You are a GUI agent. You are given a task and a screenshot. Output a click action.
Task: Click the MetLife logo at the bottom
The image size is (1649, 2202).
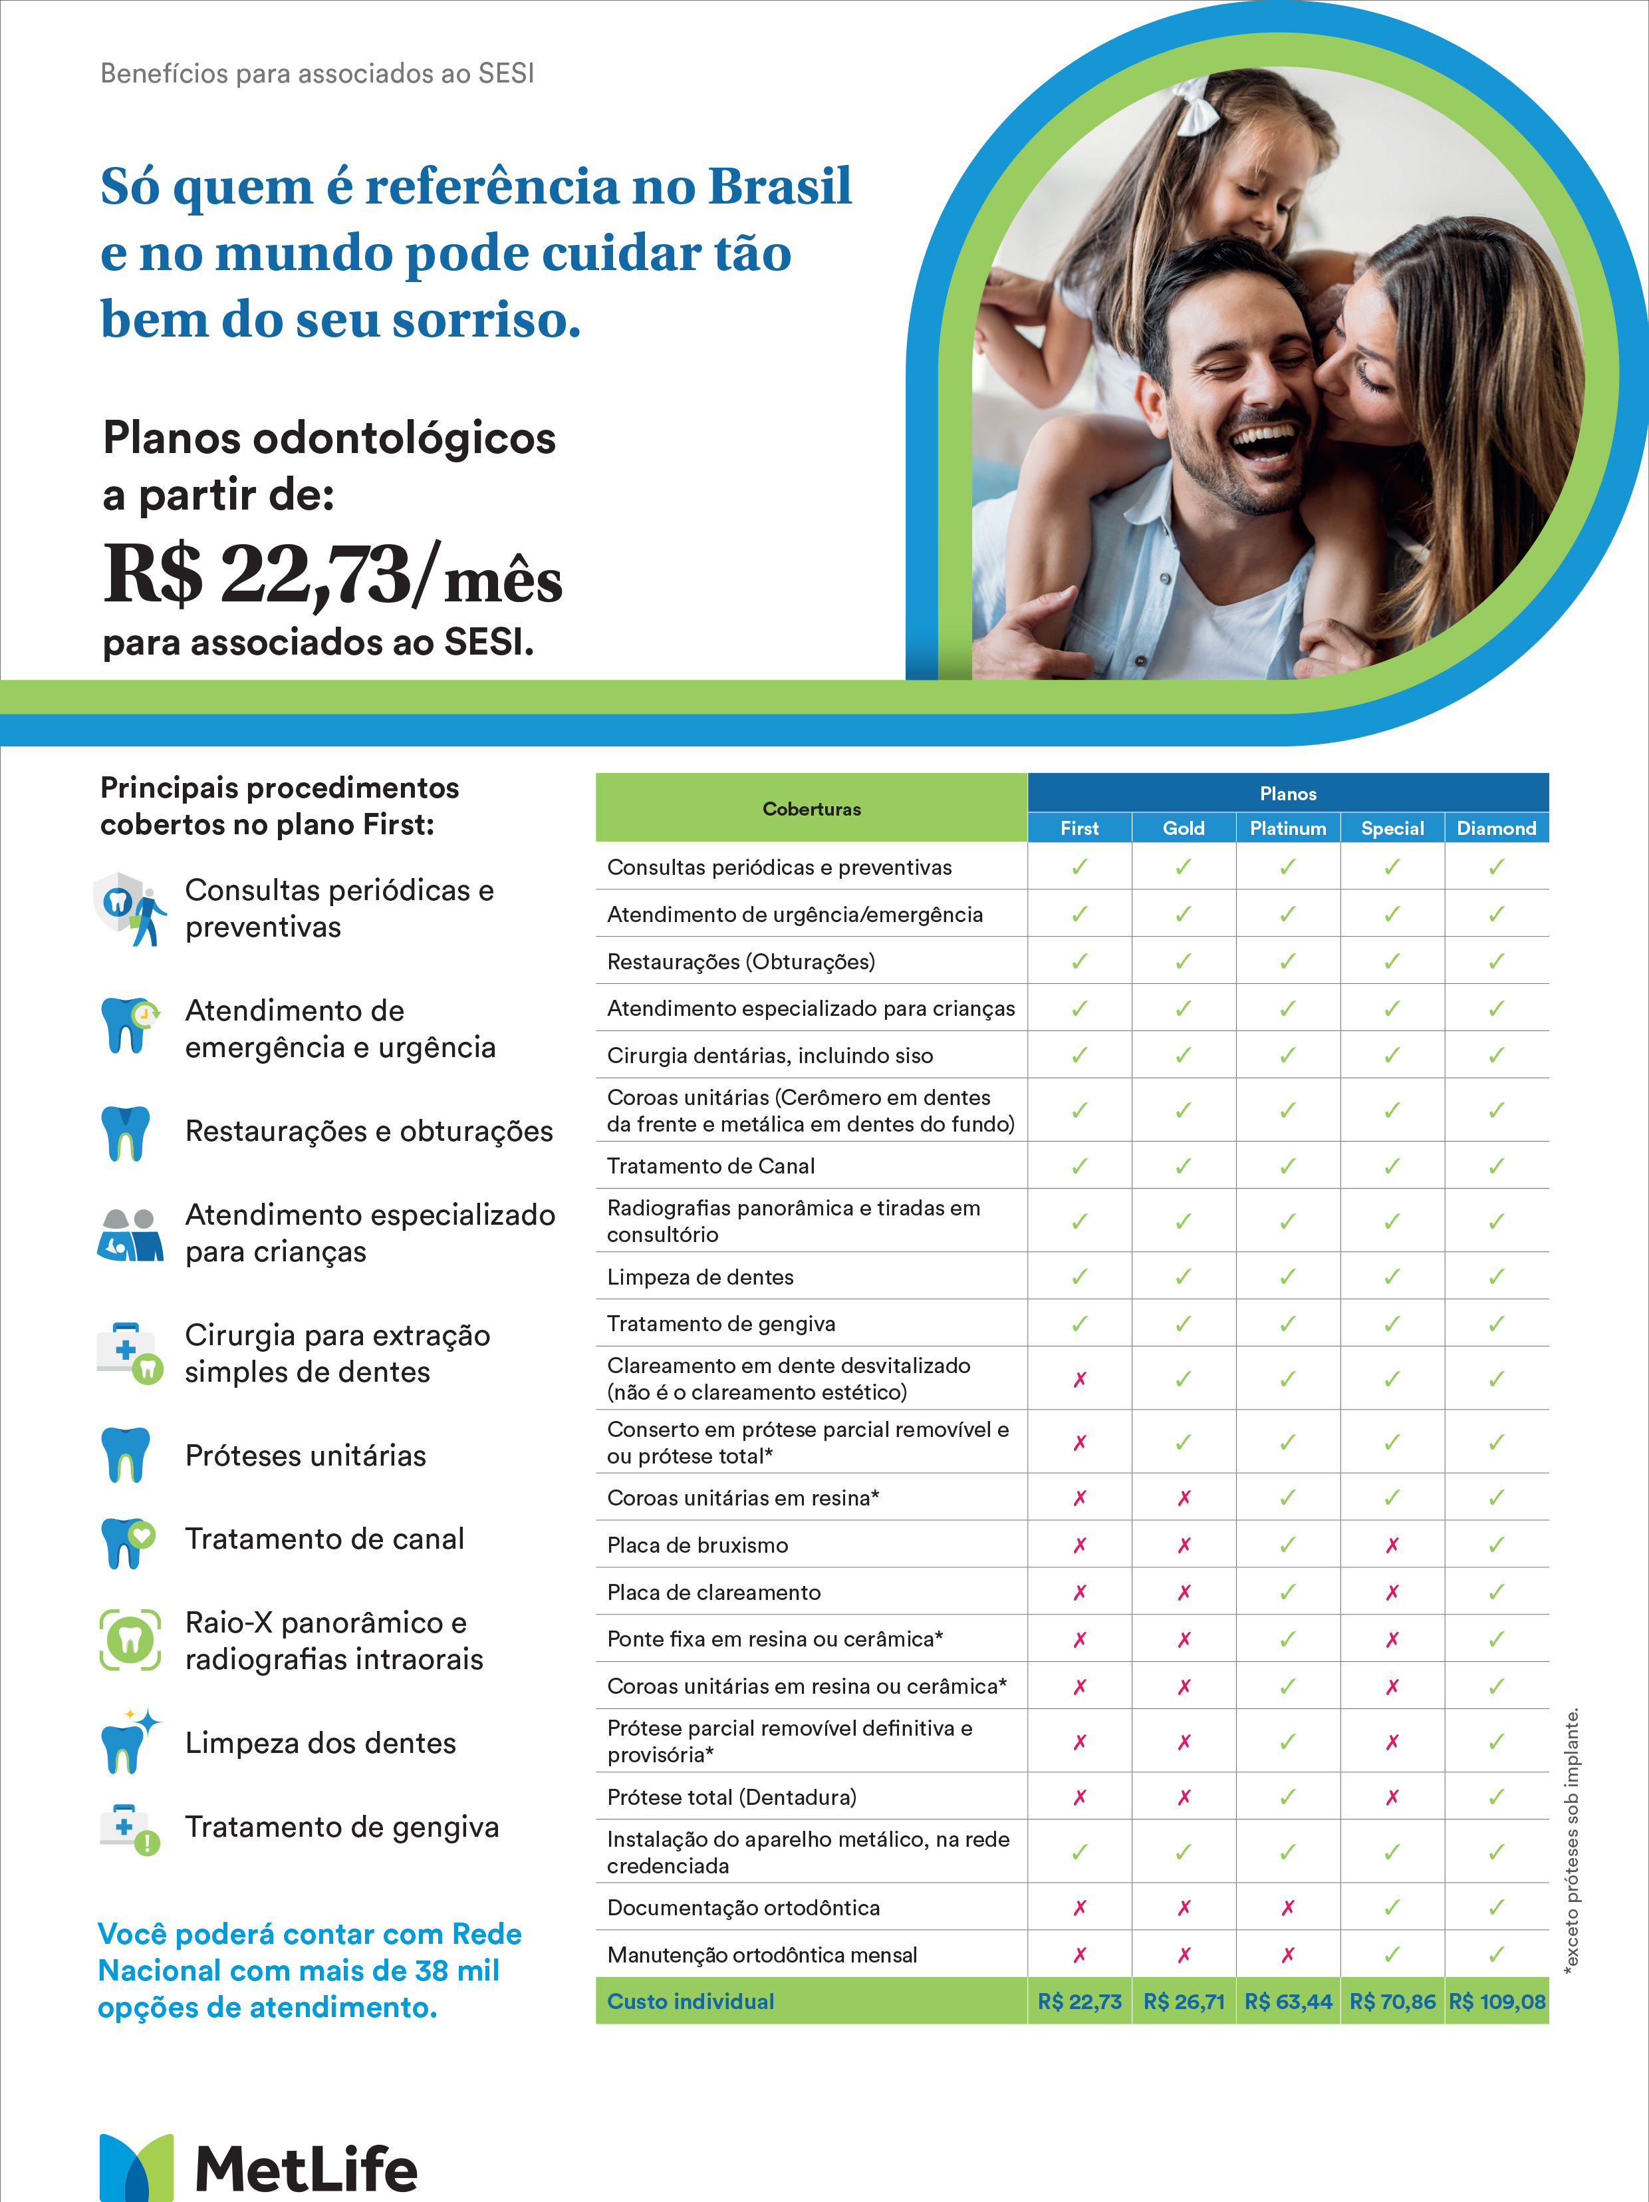(x=258, y=2166)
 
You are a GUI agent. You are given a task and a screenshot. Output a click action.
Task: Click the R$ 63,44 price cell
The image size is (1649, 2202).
(x=1288, y=2002)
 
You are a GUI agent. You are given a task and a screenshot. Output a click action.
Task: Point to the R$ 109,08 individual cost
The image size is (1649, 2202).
(x=1497, y=2002)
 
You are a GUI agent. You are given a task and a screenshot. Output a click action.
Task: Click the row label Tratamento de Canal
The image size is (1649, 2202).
(x=711, y=1166)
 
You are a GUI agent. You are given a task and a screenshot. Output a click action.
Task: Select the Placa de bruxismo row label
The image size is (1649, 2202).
(x=698, y=1545)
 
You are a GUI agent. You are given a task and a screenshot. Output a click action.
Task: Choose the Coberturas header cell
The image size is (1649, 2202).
(x=811, y=808)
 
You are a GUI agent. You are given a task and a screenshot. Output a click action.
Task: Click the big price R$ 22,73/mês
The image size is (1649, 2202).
(x=332, y=575)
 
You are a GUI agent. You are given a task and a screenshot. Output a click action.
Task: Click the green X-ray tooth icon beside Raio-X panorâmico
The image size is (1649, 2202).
(x=130, y=1639)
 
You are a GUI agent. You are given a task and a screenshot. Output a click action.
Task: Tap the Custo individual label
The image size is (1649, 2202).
(x=691, y=2002)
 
